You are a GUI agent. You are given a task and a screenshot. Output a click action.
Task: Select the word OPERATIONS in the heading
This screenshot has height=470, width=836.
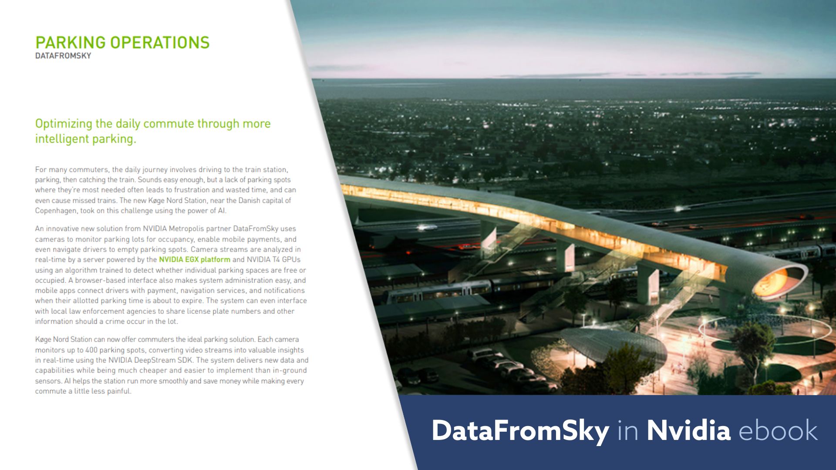tap(160, 43)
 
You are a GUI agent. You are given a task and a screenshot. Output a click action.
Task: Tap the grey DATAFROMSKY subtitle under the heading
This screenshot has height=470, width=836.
tap(63, 56)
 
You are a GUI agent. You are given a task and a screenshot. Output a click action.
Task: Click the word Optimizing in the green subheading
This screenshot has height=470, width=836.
tap(64, 124)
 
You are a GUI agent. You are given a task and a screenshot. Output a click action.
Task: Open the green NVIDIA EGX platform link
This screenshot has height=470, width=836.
tap(194, 260)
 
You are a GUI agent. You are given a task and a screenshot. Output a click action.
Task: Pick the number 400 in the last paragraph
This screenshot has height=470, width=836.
tap(91, 350)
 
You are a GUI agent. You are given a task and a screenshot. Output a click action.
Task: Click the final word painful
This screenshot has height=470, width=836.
tap(120, 391)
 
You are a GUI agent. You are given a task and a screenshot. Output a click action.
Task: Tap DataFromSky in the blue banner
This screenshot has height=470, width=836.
tap(520, 431)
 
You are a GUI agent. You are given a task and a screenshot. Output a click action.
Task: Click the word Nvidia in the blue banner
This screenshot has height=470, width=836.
tap(688, 431)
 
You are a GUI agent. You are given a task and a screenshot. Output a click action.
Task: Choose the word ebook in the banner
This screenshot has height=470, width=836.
tap(778, 431)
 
